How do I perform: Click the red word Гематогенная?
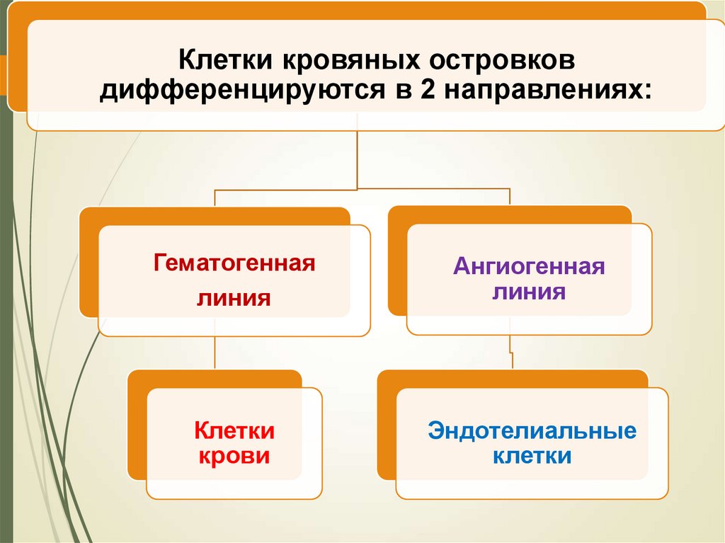pyautogui.click(x=234, y=265)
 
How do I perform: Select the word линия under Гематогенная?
pyautogui.click(x=234, y=297)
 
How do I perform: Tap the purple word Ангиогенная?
pyautogui.click(x=529, y=268)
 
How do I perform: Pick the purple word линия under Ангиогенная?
pyautogui.click(x=529, y=292)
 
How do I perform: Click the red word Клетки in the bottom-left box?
pyautogui.click(x=234, y=430)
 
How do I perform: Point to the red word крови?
pyautogui.click(x=234, y=455)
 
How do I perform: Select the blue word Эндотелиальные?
pyautogui.click(x=532, y=431)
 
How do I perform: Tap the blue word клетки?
pyautogui.click(x=532, y=455)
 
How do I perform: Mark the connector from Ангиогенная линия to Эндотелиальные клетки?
pyautogui.click(x=510, y=352)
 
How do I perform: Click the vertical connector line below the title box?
pyautogui.click(x=358, y=159)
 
